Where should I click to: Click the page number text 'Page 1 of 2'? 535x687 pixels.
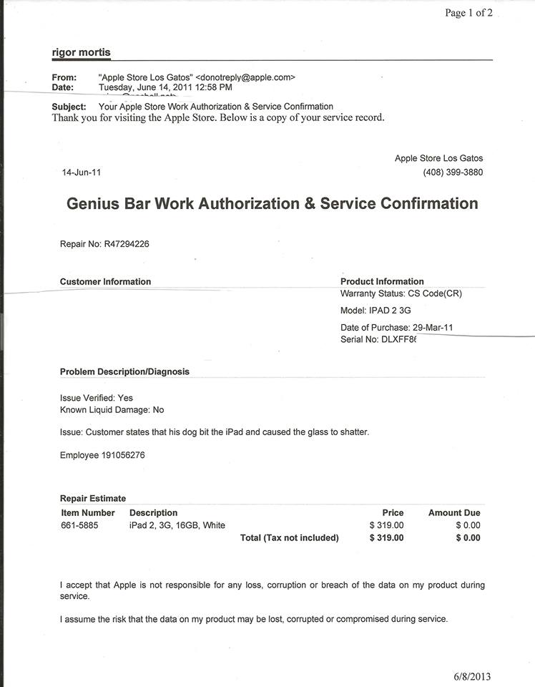468,12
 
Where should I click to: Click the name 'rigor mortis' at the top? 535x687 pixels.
81,52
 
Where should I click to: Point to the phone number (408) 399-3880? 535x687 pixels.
453,172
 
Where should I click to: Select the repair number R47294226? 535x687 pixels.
127,244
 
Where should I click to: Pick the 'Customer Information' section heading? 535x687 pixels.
105,281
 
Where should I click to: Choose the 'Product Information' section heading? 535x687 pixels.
382,281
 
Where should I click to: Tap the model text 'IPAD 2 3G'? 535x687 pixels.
390,311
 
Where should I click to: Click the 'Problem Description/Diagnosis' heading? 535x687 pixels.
124,371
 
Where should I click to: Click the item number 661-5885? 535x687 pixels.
80,525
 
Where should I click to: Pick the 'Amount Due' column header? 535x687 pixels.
454,512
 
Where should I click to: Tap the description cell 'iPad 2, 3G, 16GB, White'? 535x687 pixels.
177,525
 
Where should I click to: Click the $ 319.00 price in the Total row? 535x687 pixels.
386,537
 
